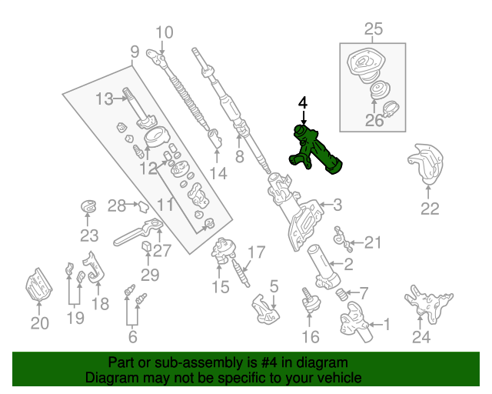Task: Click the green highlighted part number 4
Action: point(315,151)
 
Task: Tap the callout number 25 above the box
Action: point(373,30)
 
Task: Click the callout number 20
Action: point(39,323)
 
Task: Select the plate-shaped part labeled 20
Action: point(38,288)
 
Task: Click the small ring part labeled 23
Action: point(90,206)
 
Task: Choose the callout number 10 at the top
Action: point(165,32)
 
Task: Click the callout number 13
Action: point(104,98)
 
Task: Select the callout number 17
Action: point(256,252)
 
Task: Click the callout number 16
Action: point(310,336)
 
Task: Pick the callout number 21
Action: point(372,243)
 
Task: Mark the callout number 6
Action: point(133,336)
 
